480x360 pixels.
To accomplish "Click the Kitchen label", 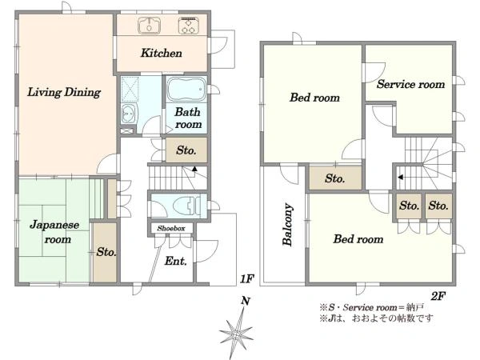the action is (x=162, y=53).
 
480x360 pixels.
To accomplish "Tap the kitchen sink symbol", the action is (x=149, y=25).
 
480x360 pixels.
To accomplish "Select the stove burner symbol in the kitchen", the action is (x=189, y=25).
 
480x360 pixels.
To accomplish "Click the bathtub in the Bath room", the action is (x=186, y=89).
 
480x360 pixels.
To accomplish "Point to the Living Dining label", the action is (x=64, y=92).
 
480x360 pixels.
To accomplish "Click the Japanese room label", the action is (x=54, y=232).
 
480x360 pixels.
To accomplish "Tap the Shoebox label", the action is (x=171, y=228).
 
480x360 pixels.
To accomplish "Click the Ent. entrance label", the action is (x=176, y=261).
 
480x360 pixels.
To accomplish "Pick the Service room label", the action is (x=411, y=84).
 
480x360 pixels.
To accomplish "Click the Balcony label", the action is (x=287, y=224).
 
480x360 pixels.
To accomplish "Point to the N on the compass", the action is (x=246, y=301).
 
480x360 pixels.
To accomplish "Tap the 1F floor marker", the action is (x=246, y=278).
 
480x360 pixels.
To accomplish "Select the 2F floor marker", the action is (x=438, y=296).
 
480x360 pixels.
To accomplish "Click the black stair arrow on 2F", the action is (x=400, y=178).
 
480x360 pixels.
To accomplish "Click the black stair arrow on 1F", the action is (x=194, y=168).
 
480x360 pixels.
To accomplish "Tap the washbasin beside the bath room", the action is (x=129, y=114).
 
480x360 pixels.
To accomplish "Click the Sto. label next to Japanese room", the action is (x=106, y=252).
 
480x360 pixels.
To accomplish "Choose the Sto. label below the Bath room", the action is (x=186, y=150).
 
